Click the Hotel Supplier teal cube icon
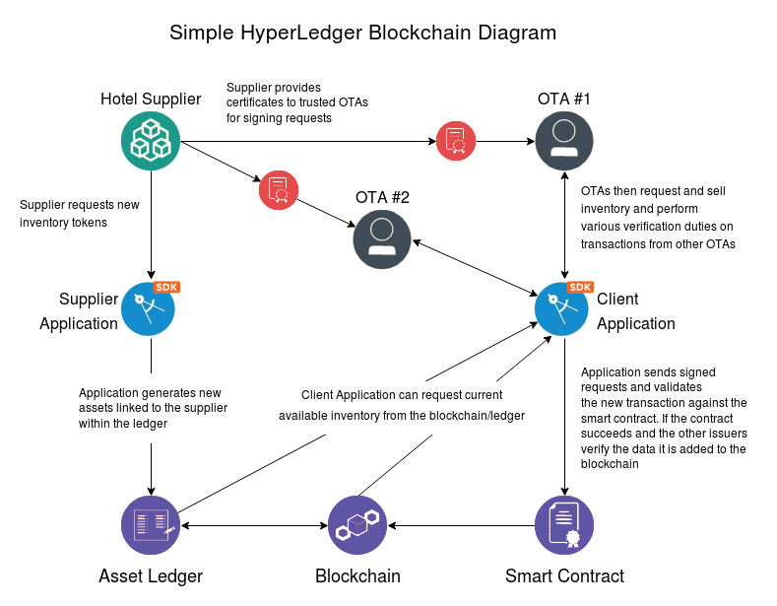[151, 141]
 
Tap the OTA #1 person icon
[564, 141]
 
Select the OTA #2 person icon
[382, 239]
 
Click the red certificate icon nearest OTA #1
[456, 141]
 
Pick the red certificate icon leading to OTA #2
[279, 190]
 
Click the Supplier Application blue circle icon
[148, 309]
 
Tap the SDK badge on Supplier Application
[166, 287]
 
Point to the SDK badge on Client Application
[580, 287]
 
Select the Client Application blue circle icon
[561, 309]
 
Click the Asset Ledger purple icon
[151, 525]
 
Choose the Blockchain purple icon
[357, 525]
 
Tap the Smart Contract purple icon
[564, 525]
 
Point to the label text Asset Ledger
[151, 576]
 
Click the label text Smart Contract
[564, 576]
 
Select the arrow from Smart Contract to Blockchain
[462, 525]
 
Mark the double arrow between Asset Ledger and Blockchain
[254, 525]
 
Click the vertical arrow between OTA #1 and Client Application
[564, 225]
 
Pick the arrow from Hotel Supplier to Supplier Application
[151, 225]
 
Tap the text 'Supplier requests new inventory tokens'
[80, 214]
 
